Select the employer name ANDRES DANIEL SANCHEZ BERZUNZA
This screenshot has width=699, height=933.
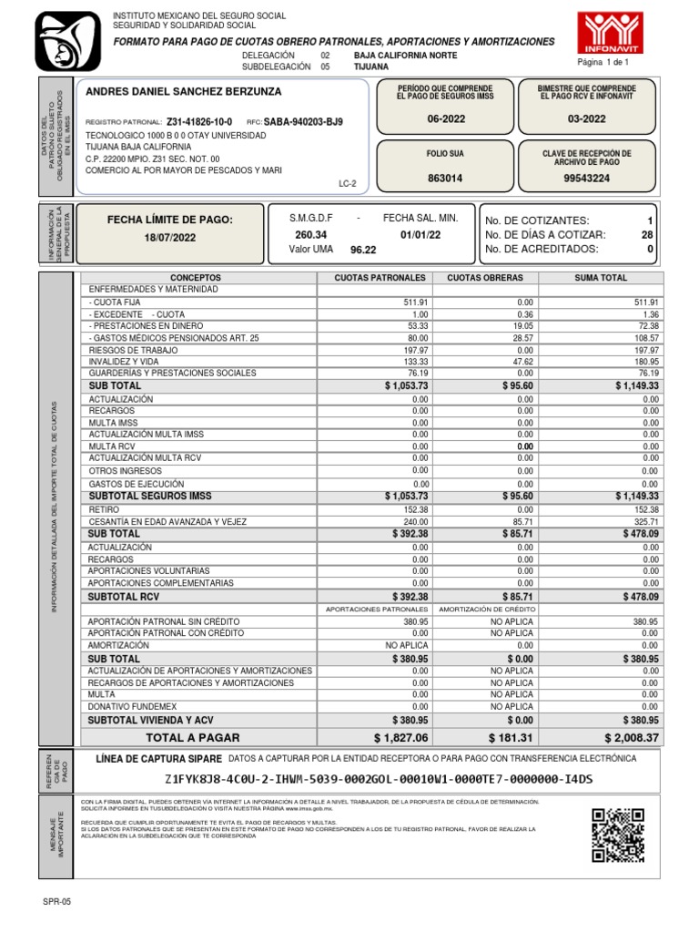[x=183, y=92]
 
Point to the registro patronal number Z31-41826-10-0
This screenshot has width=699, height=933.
[x=199, y=121]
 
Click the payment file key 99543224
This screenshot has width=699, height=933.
[x=587, y=179]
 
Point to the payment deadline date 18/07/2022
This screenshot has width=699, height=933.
[x=170, y=237]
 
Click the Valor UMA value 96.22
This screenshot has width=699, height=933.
[x=363, y=249]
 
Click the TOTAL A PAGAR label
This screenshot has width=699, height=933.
[x=193, y=736]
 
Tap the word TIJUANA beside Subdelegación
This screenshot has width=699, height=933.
[x=370, y=67]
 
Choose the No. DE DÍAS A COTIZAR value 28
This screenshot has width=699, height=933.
[x=647, y=235]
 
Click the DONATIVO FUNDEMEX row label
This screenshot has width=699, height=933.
[x=134, y=706]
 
